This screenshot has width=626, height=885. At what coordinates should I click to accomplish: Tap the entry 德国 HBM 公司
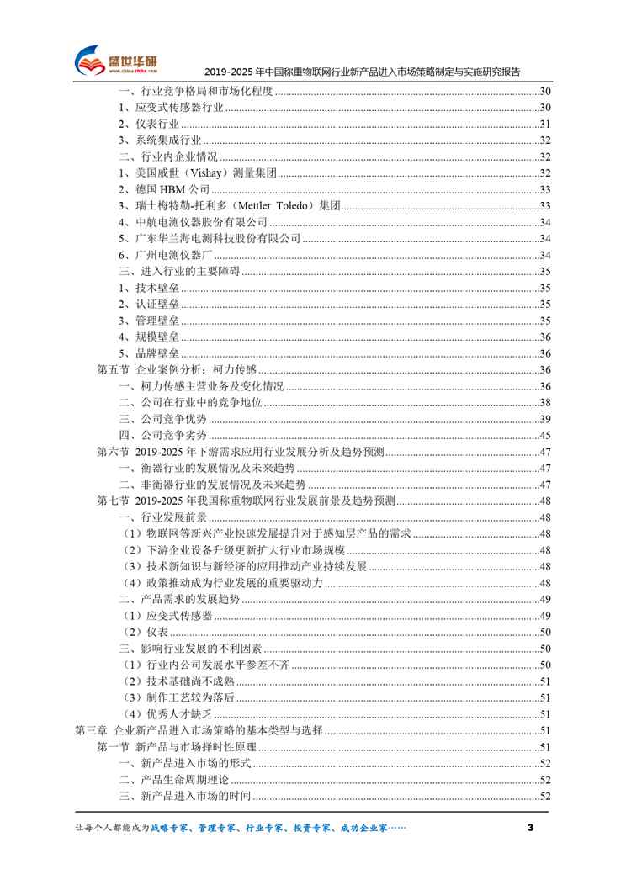pos(163,189)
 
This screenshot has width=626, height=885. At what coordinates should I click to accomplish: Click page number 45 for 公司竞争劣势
pos(544,435)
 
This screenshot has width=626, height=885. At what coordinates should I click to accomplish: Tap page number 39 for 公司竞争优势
pos(544,419)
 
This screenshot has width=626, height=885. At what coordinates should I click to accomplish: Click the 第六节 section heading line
pos(241,452)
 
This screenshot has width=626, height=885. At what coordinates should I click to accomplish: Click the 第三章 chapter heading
pos(205,731)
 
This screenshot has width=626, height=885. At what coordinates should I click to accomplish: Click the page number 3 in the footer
pos(529,829)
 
